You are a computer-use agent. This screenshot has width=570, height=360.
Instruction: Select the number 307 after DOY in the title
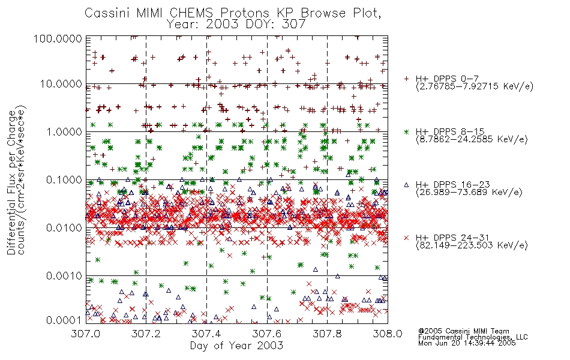[x=293, y=24]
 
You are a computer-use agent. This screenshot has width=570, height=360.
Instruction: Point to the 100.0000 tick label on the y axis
[x=58, y=38]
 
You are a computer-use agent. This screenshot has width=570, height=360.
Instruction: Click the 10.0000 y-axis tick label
[x=61, y=85]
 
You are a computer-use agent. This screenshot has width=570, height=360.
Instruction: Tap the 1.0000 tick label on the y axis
[x=64, y=131]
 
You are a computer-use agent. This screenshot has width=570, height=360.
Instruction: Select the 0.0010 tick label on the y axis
[x=64, y=276]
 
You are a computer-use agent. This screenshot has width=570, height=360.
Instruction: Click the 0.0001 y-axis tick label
[x=64, y=320]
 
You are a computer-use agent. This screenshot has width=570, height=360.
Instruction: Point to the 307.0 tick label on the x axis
[x=86, y=334]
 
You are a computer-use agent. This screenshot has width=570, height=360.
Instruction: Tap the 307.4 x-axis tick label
[x=206, y=334]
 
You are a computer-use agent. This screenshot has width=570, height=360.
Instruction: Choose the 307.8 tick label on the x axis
[x=327, y=334]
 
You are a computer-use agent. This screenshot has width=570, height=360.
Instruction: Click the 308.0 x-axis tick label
[x=388, y=334]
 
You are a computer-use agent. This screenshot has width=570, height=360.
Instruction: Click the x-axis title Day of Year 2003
[x=236, y=346]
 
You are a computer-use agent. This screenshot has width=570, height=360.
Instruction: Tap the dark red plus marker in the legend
[x=406, y=79]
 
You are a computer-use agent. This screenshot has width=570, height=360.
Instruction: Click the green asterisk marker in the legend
[x=406, y=131]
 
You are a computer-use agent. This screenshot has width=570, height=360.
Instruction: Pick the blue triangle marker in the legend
[x=406, y=185]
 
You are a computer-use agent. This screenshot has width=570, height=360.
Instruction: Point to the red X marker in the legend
[x=406, y=238]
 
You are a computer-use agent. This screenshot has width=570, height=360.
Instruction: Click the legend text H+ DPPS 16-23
[x=452, y=185]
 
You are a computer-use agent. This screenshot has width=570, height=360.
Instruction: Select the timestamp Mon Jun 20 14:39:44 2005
[x=467, y=343]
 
